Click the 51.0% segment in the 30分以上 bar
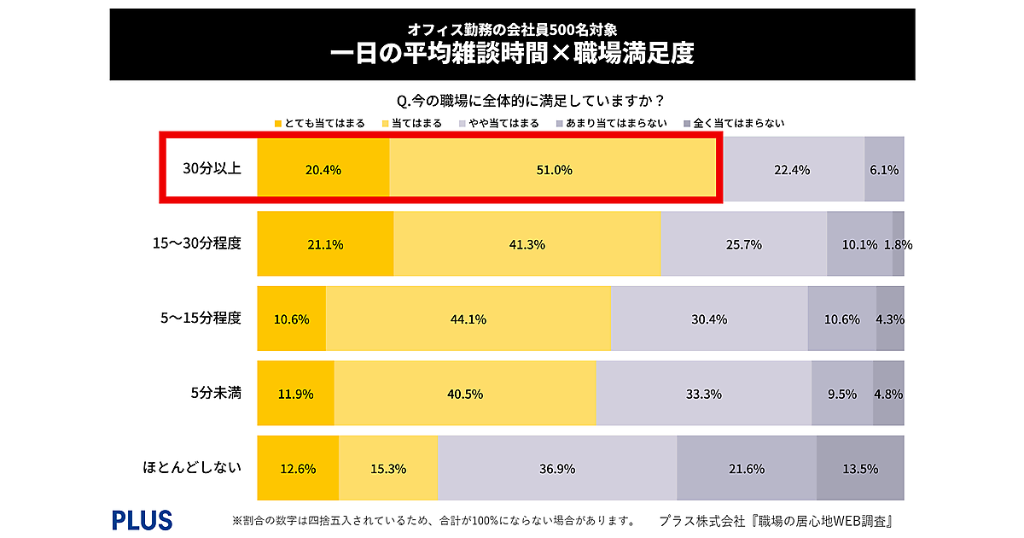pos(553,169)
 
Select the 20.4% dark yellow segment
pos(323,169)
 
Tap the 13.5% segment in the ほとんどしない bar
pos(860,468)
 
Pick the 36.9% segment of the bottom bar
pos(556,468)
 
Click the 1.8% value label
pos(899,244)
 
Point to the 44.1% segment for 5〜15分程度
pos(468,319)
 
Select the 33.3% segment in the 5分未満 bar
pos(704,394)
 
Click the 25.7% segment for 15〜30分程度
pos(743,244)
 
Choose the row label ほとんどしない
pos(192,467)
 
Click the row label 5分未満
pos(216,393)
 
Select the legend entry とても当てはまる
pos(319,123)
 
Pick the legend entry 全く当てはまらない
pos(734,123)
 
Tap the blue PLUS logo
pos(142,519)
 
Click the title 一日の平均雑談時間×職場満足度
pos(512,54)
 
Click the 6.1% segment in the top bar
pos(884,169)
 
